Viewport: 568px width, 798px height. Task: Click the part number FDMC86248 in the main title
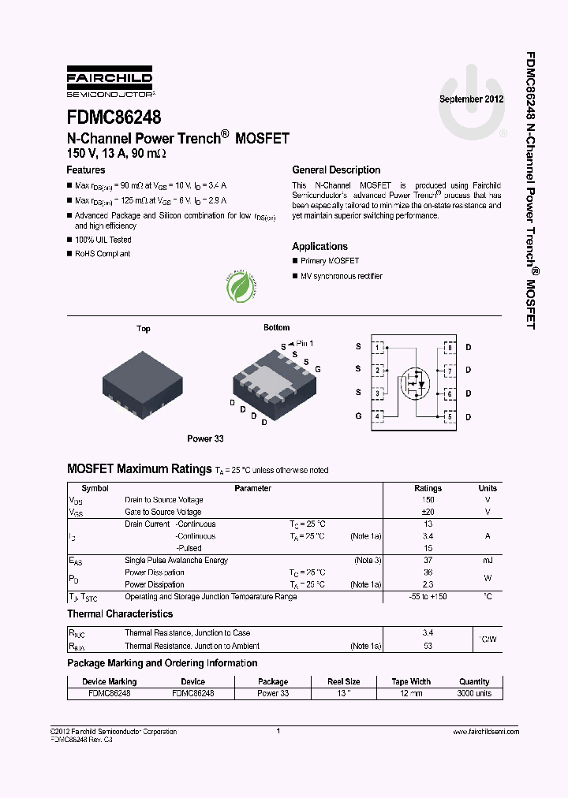(x=114, y=117)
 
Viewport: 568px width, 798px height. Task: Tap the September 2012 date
(x=471, y=100)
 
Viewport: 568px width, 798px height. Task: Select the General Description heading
(x=336, y=170)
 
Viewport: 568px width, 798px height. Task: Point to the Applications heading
(x=319, y=247)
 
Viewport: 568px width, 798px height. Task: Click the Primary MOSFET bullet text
(x=330, y=261)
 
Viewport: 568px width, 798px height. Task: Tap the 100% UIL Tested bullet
(x=103, y=240)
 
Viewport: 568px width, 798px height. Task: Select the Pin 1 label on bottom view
(x=305, y=344)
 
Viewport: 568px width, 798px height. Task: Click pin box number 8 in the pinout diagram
(x=449, y=347)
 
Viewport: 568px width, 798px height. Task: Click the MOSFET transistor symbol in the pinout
(x=415, y=383)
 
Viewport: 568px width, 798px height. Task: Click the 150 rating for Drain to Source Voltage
(x=428, y=500)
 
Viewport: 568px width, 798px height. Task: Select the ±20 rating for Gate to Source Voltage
(x=428, y=512)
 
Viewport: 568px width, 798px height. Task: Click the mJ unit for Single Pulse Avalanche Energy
(x=488, y=561)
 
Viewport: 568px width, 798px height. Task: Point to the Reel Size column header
(x=344, y=681)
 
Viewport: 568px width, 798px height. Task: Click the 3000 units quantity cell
(x=474, y=693)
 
